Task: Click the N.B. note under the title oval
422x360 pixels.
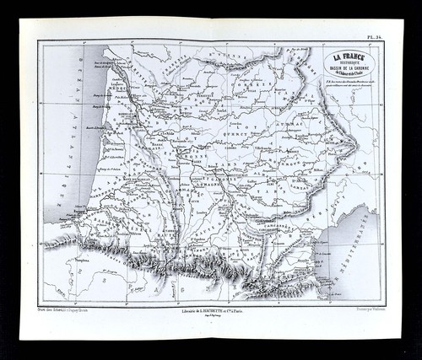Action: pos(350,83)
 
